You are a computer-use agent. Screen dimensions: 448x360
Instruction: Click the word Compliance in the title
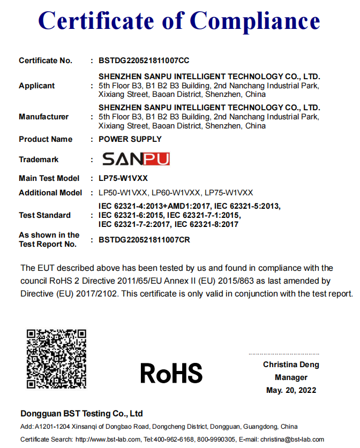tap(255, 21)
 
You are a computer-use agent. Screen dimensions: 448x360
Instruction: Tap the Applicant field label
tap(37, 86)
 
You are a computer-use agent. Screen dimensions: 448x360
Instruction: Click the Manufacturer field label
tap(44, 117)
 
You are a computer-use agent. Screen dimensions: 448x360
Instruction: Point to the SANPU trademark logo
tap(136, 159)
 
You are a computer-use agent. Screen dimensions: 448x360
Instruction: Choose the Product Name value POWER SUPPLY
tap(130, 139)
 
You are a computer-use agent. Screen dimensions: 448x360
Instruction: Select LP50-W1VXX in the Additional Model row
tap(123, 193)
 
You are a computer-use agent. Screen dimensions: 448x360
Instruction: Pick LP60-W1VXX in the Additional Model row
tap(176, 193)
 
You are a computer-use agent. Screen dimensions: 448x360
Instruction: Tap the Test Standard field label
tap(44, 215)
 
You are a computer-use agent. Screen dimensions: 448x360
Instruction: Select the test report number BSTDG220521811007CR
tap(144, 240)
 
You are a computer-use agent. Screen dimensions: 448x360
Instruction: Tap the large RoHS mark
tap(171, 373)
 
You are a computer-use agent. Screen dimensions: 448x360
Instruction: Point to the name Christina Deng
tap(291, 365)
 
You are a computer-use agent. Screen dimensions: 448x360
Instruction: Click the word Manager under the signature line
tap(291, 377)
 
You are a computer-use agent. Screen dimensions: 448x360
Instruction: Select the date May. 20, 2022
tap(291, 390)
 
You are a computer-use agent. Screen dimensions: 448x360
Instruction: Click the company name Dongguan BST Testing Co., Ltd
tap(81, 414)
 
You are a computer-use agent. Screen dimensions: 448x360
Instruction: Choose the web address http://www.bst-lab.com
tap(111, 439)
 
